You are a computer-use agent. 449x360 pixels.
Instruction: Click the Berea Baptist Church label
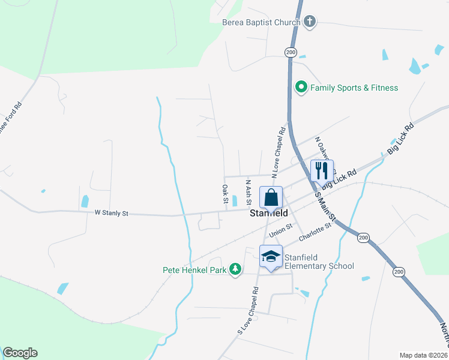pyautogui.click(x=261, y=23)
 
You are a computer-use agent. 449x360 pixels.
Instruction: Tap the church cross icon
pyautogui.click(x=309, y=22)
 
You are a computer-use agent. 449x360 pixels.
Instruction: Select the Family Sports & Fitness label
pyautogui.click(x=354, y=88)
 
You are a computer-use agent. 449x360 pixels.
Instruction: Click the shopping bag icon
pyautogui.click(x=271, y=197)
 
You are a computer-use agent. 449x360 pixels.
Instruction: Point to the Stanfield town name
pyautogui.click(x=268, y=212)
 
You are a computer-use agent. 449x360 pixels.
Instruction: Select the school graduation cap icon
pyautogui.click(x=271, y=256)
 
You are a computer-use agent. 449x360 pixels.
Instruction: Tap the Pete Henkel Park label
pyautogui.click(x=194, y=270)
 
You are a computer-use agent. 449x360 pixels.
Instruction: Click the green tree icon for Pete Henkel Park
pyautogui.click(x=237, y=269)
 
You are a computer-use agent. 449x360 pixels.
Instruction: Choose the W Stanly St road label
pyautogui.click(x=112, y=212)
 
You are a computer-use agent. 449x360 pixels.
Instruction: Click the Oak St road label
pyautogui.click(x=225, y=193)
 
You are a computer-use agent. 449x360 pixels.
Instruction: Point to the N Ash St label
pyautogui.click(x=248, y=190)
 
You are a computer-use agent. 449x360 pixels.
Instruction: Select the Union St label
pyautogui.click(x=280, y=229)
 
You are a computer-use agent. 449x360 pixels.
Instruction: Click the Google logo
pyautogui.click(x=20, y=353)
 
